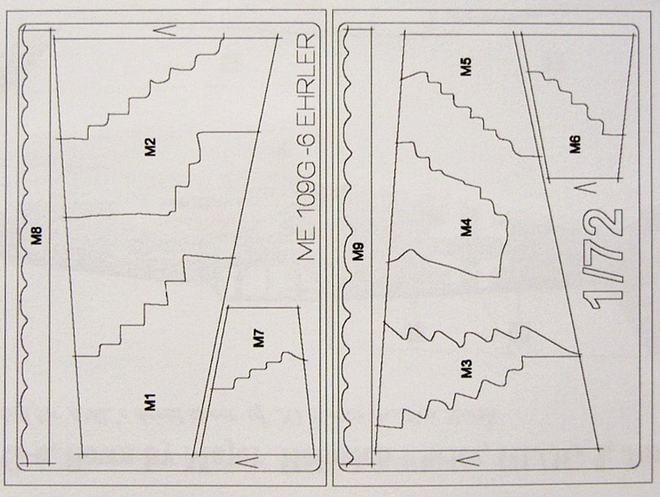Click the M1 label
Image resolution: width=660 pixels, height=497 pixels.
click(x=150, y=402)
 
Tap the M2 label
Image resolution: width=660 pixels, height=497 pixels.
click(x=150, y=147)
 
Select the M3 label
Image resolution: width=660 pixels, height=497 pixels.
click(x=467, y=368)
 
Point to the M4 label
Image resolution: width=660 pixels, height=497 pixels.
click(x=467, y=227)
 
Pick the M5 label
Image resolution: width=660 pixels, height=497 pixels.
click(x=466, y=67)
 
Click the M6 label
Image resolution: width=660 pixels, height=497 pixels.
click(x=574, y=144)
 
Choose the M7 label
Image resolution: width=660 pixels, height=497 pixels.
click(x=259, y=338)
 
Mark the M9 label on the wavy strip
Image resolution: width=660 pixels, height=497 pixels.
click(x=358, y=251)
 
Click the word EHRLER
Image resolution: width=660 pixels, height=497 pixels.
click(x=306, y=80)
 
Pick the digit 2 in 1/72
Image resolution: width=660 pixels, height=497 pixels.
click(x=605, y=224)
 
